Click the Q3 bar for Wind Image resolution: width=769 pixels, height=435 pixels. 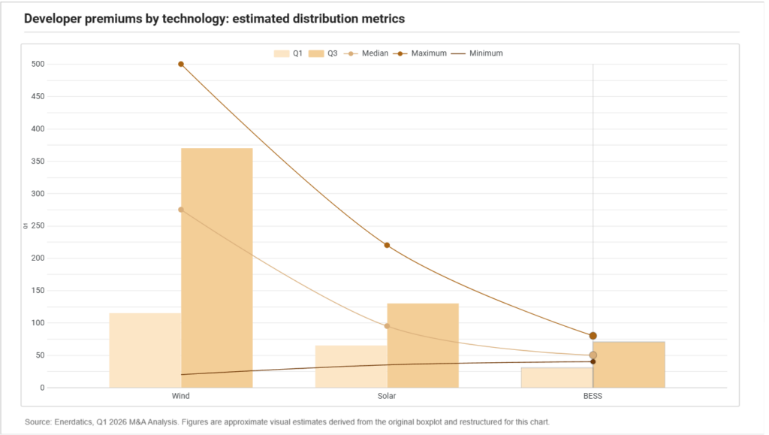tap(217, 267)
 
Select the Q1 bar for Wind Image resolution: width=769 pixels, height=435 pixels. tap(145, 350)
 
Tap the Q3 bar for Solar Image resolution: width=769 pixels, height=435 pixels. tap(423, 346)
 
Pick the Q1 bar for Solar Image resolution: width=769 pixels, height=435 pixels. tap(351, 367)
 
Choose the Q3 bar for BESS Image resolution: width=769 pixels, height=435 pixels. tap(629, 365)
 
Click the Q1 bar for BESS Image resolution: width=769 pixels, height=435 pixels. tap(557, 378)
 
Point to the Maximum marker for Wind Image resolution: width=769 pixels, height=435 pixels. tap(181, 65)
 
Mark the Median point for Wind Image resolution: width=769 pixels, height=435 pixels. tap(181, 210)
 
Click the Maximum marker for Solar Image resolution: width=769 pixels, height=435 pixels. tap(387, 245)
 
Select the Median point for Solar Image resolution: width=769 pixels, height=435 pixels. tap(387, 326)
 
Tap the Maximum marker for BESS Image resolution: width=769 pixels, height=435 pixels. tap(593, 336)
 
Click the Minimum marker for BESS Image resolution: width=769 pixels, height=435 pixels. tap(593, 362)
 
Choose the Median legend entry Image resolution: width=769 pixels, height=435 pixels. tap(366, 53)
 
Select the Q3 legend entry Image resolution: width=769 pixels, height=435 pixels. tap(323, 53)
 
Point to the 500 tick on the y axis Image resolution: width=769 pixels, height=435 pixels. tap(38, 65)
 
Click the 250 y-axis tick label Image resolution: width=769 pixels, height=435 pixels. tap(38, 226)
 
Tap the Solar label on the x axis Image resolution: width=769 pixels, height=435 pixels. tap(387, 396)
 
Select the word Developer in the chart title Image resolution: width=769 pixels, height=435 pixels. tap(53, 19)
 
